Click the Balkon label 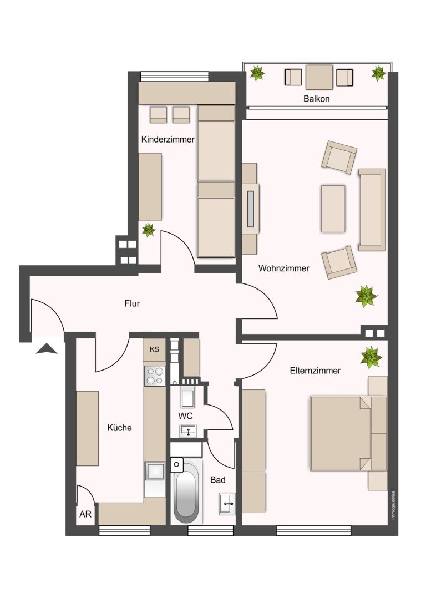[316, 98]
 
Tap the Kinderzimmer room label [168, 139]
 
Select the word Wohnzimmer [284, 268]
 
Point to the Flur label [132, 303]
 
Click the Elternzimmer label [315, 371]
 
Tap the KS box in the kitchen [155, 349]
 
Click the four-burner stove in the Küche [155, 376]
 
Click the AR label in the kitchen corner [85, 514]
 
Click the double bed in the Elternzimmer [341, 433]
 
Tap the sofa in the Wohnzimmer [372, 210]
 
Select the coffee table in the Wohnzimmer [333, 209]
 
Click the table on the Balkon [319, 77]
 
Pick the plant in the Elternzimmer [372, 357]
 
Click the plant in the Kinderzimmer [149, 230]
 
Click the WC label [185, 415]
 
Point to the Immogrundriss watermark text [393, 505]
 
